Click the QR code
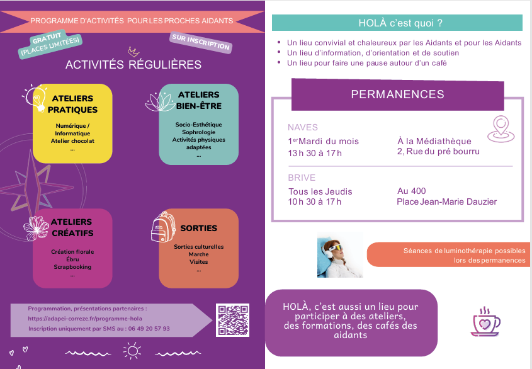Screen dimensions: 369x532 click(232, 320)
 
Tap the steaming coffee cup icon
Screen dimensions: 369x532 click(485, 322)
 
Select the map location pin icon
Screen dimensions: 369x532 click(501, 129)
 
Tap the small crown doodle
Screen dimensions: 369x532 click(133, 51)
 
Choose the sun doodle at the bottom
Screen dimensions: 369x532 click(132, 351)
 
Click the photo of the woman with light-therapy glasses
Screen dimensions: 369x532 click(339, 255)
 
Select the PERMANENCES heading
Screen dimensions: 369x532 click(397, 94)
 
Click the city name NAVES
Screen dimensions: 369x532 click(303, 127)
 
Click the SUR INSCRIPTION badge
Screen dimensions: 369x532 click(201, 42)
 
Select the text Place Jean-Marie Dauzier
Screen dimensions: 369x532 click(446, 202)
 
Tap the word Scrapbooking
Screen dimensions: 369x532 click(72, 267)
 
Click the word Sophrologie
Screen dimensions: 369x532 click(198, 133)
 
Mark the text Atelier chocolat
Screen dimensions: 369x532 click(72, 141)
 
